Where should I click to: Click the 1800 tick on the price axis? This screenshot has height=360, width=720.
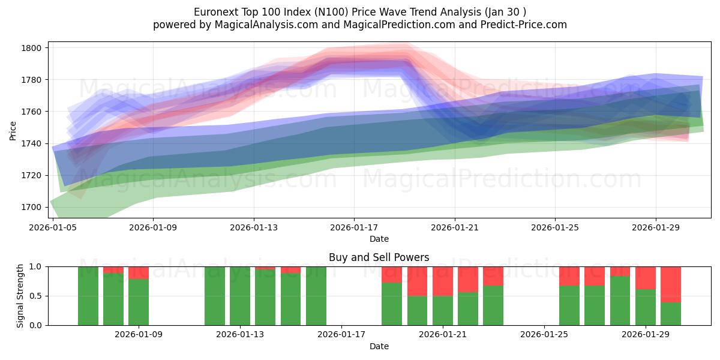[33, 48]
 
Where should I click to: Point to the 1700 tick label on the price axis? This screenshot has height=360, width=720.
[33, 207]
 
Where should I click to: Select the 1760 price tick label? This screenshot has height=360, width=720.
[33, 112]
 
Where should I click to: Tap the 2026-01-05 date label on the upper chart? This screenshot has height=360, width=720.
[53, 227]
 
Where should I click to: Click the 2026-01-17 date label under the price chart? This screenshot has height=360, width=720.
[354, 227]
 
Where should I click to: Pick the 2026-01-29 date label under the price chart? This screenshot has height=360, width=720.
[655, 227]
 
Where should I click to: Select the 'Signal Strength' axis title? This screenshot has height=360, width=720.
[20, 295]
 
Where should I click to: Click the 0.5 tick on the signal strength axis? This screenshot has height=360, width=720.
[36, 296]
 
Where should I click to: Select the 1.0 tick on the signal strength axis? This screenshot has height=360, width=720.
[36, 266]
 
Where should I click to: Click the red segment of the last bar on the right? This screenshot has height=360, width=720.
[670, 284]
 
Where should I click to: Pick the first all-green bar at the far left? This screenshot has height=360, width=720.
[88, 296]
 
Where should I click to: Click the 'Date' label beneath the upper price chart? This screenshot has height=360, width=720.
[379, 239]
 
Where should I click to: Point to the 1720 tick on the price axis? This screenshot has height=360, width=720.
[33, 175]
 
